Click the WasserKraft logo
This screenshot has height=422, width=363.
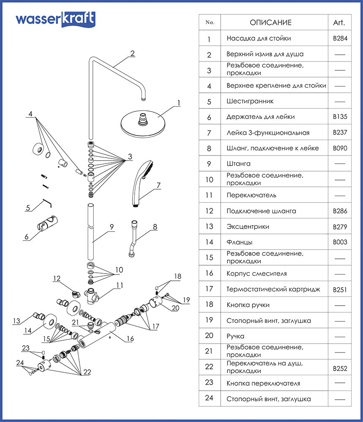pos(55,19)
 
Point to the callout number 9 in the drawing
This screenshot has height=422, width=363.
pos(111,227)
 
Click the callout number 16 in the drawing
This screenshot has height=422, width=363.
pos(130,339)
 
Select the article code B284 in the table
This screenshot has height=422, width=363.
pos(340,38)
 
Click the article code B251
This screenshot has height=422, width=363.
pos(340,290)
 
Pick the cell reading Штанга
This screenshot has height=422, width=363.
pos(238,164)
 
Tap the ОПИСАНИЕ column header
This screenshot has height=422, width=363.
pos(271,23)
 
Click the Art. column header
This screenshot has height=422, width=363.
pos(339,23)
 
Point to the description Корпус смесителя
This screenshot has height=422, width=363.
pos(257,274)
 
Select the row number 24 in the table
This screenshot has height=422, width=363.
pos(209,399)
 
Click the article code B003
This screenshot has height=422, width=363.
pos(340,242)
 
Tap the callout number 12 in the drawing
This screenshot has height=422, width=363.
pos(57,278)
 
